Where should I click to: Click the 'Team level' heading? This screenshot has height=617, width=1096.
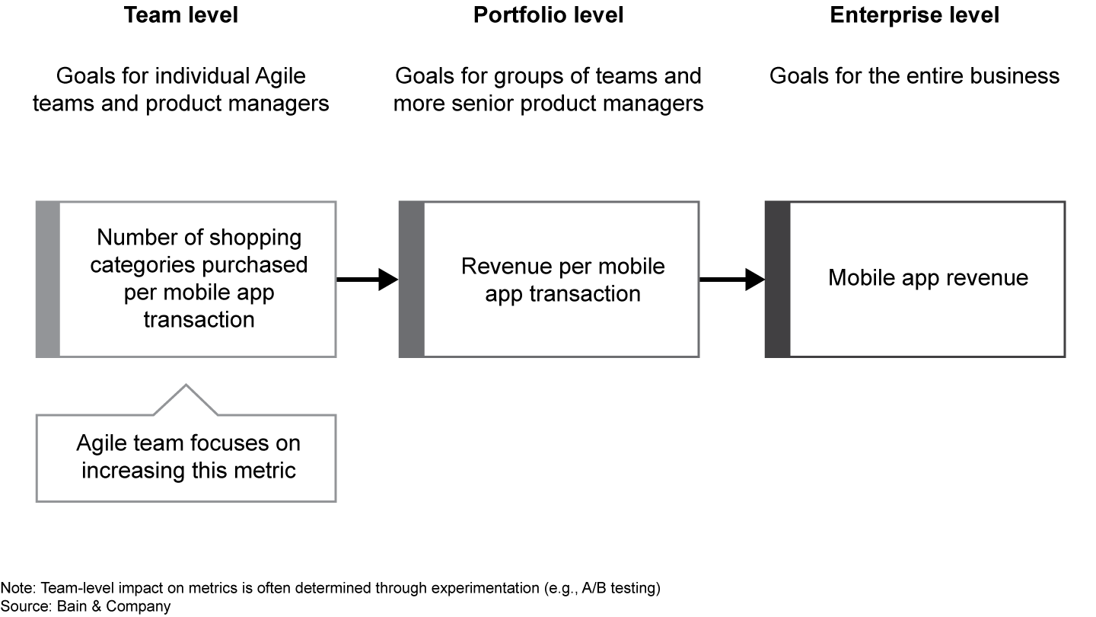181,15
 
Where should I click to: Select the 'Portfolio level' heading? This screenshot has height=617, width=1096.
548,15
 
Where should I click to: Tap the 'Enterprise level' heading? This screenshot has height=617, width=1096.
914,15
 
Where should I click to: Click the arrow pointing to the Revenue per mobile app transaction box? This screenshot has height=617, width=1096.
367,280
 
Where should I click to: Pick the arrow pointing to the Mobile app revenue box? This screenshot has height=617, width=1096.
731,280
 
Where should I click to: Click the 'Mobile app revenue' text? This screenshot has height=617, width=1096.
928,277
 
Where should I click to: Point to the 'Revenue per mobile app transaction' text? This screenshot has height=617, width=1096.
562,280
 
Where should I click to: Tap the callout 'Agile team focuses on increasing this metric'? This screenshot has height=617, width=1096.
188,456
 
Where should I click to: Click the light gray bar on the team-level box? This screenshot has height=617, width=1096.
47,280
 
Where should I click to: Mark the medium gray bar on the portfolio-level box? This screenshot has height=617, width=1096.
411,280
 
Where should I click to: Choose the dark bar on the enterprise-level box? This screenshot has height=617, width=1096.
777,280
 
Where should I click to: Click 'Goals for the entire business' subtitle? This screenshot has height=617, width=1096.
914,76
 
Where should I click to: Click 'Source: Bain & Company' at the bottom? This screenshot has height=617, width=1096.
85,606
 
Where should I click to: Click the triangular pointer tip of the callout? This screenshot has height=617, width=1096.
186,388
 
